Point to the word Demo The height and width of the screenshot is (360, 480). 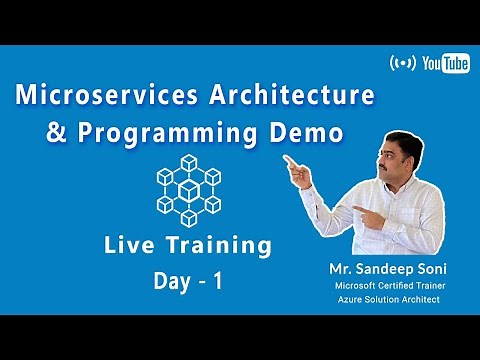tap(304, 132)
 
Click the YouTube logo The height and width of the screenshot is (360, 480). tap(447, 64)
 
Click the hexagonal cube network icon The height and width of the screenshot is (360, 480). tap(188, 190)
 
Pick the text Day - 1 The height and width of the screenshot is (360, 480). tap(188, 282)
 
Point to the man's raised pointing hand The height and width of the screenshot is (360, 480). tap(297, 165)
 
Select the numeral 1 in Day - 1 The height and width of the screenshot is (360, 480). tap(215, 282)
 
